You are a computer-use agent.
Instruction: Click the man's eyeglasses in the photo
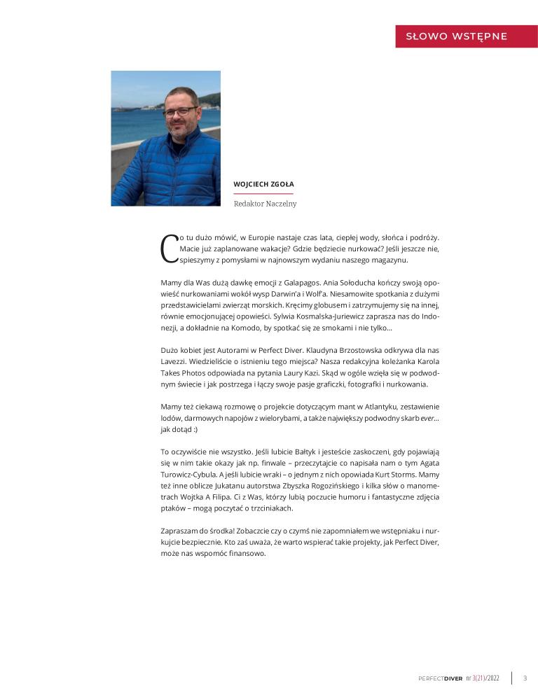[x=180, y=111]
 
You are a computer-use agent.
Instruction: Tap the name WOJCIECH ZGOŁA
[x=264, y=183]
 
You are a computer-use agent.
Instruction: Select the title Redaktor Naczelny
[x=265, y=204]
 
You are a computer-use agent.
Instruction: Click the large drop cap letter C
[x=169, y=249]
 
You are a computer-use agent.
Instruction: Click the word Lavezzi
[x=173, y=361]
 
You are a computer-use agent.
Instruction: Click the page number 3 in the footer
[x=525, y=678]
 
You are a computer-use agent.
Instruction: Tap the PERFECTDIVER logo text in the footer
[x=440, y=678]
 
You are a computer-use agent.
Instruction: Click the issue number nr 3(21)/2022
[x=483, y=678]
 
